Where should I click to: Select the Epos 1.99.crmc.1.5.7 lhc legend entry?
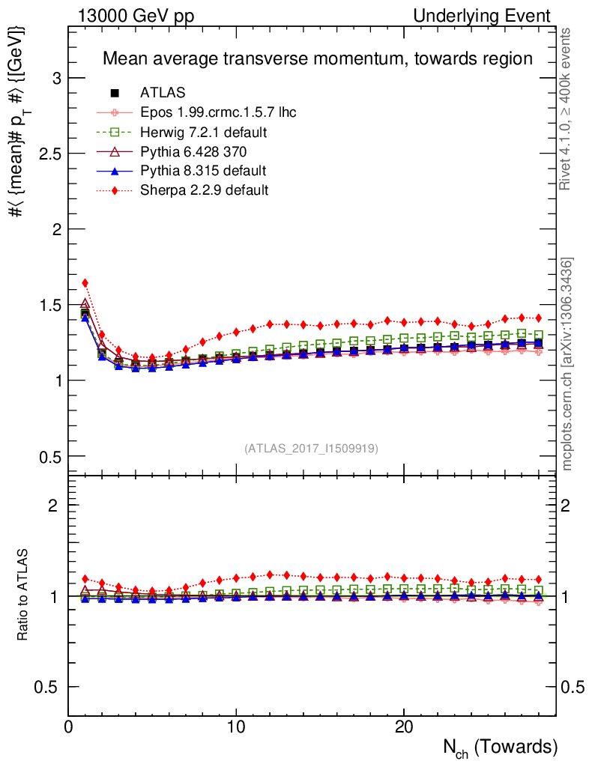coord(218,113)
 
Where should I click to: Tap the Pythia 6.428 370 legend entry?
coord(194,152)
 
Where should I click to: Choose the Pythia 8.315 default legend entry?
coord(203,172)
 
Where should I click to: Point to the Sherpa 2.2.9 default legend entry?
coord(204,190)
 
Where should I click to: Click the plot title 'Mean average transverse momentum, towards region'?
coord(317,58)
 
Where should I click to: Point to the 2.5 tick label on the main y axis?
coord(50,154)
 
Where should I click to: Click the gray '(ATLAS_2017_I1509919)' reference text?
coord(311,449)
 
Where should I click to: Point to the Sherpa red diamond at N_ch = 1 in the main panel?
coord(85,283)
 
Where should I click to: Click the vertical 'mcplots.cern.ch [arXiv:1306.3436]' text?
coord(568,363)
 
